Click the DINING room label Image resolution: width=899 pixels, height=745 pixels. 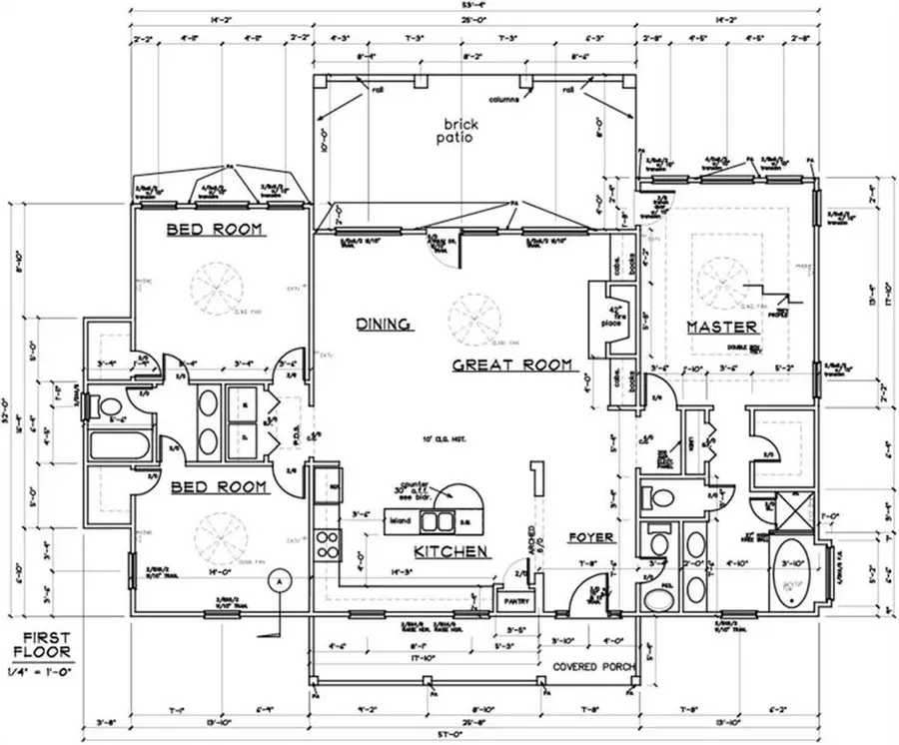click(x=385, y=324)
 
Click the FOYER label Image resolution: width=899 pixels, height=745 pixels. click(x=590, y=537)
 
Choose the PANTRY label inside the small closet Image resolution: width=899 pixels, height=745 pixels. click(x=515, y=601)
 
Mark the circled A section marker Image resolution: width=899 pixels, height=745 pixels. click(x=282, y=578)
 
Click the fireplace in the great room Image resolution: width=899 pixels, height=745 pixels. click(x=607, y=320)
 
